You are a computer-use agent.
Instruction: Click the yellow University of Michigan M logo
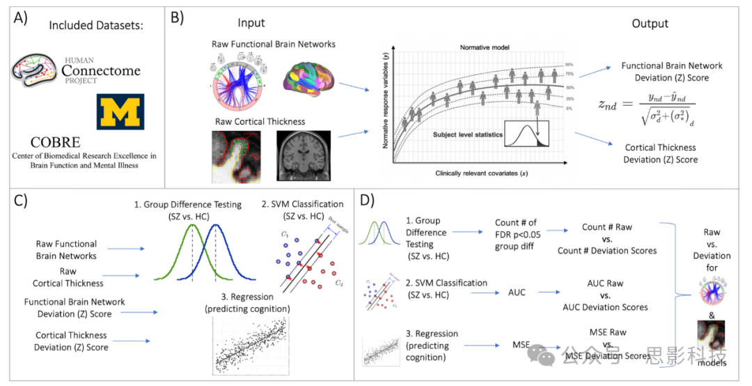click(x=120, y=111)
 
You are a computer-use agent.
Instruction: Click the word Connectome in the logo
click(x=101, y=70)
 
